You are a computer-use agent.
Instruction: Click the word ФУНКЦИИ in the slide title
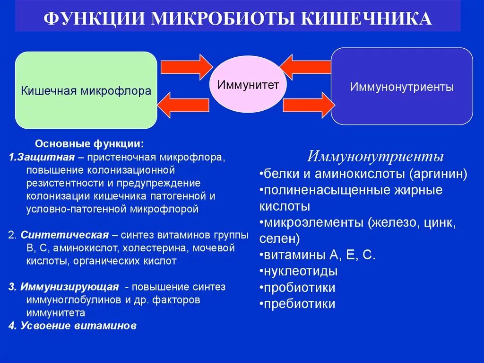coord(95,18)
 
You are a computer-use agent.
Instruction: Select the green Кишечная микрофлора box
coord(86,90)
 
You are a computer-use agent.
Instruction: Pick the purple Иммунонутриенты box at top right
coord(402,87)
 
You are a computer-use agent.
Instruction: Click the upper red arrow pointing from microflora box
coord(187,67)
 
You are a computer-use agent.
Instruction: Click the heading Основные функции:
coord(90,143)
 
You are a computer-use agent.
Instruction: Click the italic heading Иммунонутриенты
coord(375,157)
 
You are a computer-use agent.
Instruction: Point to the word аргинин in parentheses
coord(438,174)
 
